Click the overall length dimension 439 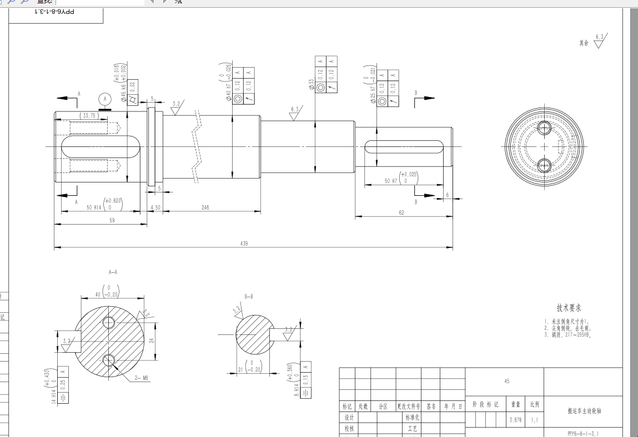coord(244,243)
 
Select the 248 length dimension coord(205,207)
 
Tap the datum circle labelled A coord(104,99)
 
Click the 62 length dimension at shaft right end coord(401,213)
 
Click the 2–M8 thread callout coord(142,378)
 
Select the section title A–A coord(113,272)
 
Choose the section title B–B coord(248,297)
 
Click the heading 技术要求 coord(569,308)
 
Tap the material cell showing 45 coord(506,382)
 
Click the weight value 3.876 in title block coord(515,420)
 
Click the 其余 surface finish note coord(584,43)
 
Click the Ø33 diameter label coord(312,84)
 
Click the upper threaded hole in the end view coord(544,129)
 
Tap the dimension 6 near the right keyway coord(446,196)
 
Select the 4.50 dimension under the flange coord(155,207)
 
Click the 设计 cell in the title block coord(349,418)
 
